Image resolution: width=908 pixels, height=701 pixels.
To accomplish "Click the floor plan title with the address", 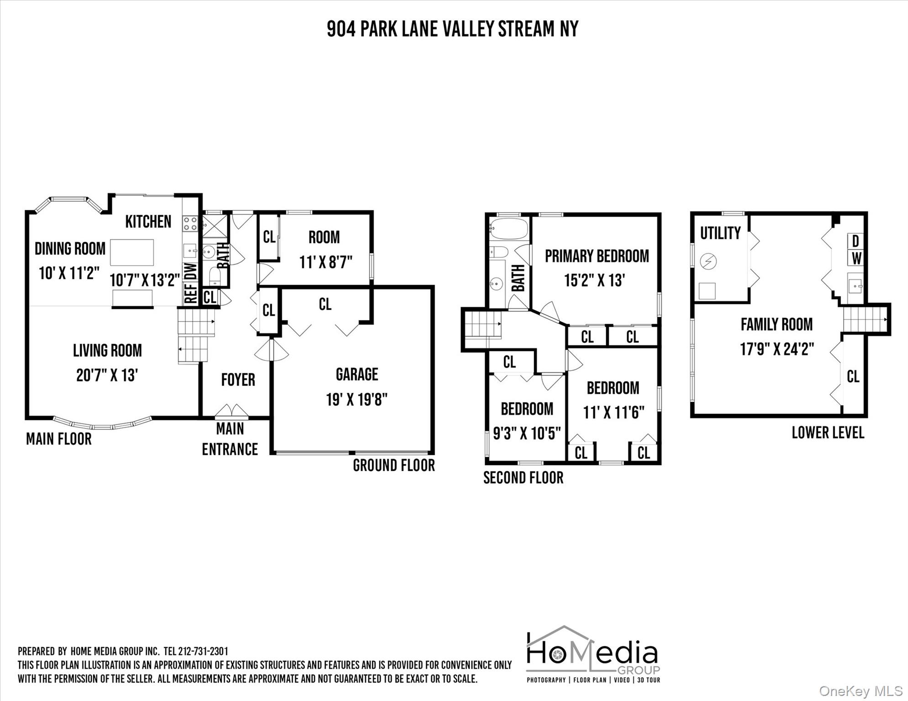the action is coord(453,29).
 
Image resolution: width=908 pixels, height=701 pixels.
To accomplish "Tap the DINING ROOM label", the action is coord(70,249).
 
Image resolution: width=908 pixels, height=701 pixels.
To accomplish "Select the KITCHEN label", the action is coord(148,221).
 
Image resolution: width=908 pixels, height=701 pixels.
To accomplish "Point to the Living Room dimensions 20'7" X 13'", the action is coord(107,375).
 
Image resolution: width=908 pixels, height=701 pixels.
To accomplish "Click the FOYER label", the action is coord(238,380).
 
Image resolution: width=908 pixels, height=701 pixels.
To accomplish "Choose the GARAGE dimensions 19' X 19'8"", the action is coord(357,400).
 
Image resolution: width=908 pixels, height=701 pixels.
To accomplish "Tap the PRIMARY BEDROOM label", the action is coord(597,256).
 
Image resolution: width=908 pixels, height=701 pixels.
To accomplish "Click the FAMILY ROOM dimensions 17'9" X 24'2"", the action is coord(777,349).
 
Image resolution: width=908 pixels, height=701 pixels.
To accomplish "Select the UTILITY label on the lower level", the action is coord(720,233).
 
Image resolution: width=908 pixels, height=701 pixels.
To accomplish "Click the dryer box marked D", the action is coord(855,241).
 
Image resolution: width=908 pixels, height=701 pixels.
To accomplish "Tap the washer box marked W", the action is coord(855,258).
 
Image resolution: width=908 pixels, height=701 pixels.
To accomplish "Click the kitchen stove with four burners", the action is coord(190,223).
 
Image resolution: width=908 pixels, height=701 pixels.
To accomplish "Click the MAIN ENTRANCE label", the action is coord(230,439).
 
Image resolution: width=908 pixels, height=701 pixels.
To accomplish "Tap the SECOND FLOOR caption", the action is coord(523,478).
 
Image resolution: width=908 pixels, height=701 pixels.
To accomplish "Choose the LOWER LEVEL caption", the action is coord(828,433).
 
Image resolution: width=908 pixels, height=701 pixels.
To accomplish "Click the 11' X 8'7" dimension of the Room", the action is coord(326,262).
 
